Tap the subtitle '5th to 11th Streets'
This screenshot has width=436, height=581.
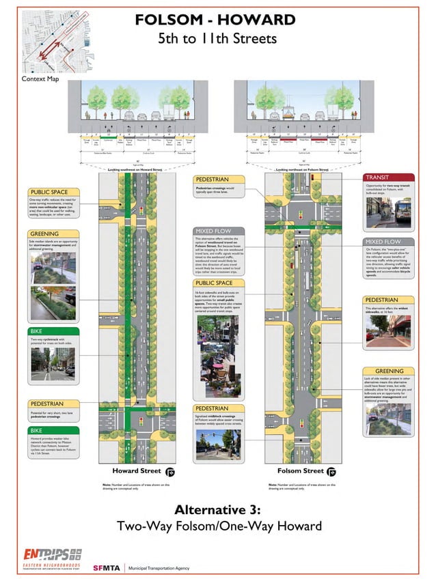click(217, 38)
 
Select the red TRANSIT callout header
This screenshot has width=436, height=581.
click(388, 177)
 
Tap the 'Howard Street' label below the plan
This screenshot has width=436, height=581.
click(137, 471)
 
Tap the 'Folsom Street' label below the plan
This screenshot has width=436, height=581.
click(300, 471)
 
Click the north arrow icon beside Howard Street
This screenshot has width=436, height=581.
click(170, 472)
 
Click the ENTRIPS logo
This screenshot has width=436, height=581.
click(52, 554)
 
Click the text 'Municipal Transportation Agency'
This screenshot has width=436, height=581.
click(167, 567)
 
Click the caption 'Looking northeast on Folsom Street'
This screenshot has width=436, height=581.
click(301, 169)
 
